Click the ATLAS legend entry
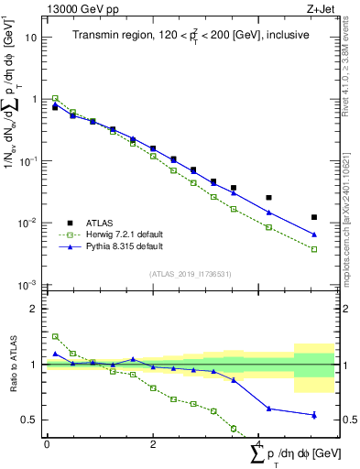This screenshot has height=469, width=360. pyautogui.click(x=100, y=223)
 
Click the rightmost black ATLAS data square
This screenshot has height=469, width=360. pyautogui.click(x=314, y=217)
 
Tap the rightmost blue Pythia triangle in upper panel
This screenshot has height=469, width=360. pyautogui.click(x=314, y=234)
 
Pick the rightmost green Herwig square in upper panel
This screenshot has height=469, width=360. pyautogui.click(x=314, y=249)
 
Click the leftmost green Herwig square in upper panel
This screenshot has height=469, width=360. pyautogui.click(x=55, y=98)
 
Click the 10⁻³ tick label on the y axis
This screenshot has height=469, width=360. pyautogui.click(x=28, y=285)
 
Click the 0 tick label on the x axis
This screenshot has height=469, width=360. pyautogui.click(x=47, y=442)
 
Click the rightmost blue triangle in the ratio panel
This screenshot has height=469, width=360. pyautogui.click(x=314, y=415)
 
